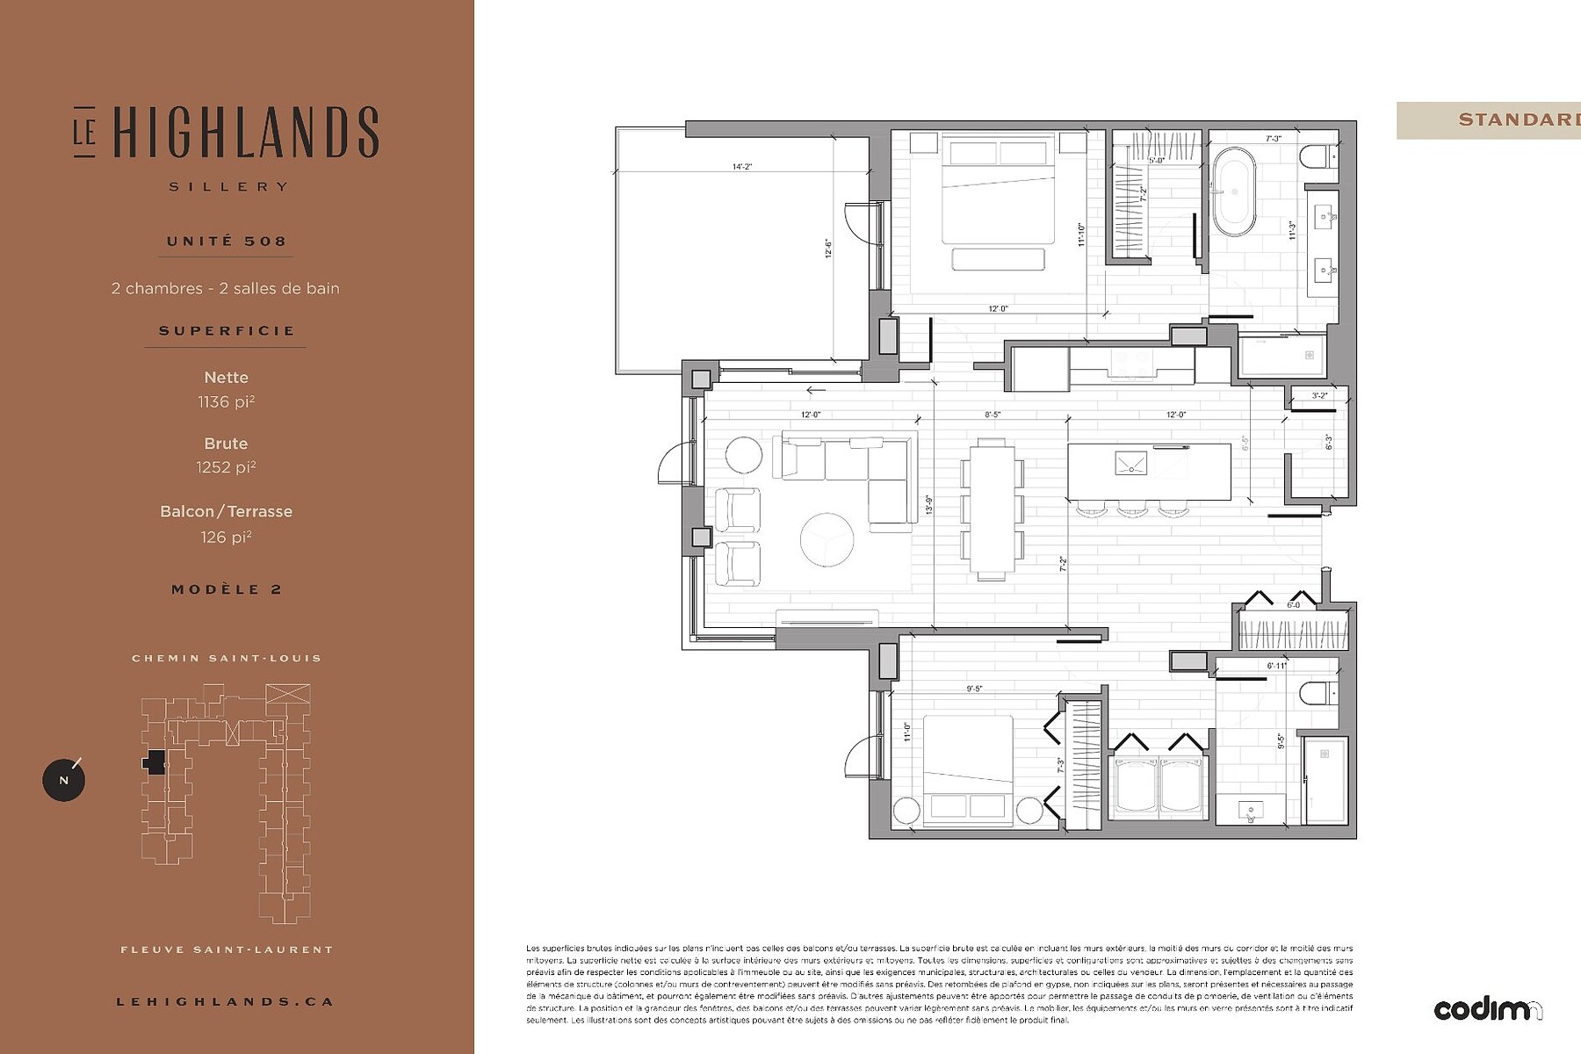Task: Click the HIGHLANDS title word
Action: [x=246, y=134]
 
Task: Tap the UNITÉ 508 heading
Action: [x=227, y=242]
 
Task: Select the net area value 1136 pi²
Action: [x=226, y=402]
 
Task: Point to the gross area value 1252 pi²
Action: [x=226, y=468]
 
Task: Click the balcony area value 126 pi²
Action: [x=226, y=538]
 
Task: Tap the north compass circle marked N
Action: [x=63, y=780]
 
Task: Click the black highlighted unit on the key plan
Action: [x=155, y=762]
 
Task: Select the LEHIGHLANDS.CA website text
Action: [x=226, y=1001]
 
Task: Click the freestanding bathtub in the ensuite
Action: [x=1234, y=191]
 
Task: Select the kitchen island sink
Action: [x=1130, y=463]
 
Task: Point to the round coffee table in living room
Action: [x=827, y=538]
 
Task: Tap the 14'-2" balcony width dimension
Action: [x=742, y=166]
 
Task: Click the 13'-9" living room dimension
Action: [x=928, y=505]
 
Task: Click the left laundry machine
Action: [x=1137, y=786]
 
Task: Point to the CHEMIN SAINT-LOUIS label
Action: [x=227, y=658]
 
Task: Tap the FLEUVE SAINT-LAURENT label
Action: [x=227, y=949]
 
